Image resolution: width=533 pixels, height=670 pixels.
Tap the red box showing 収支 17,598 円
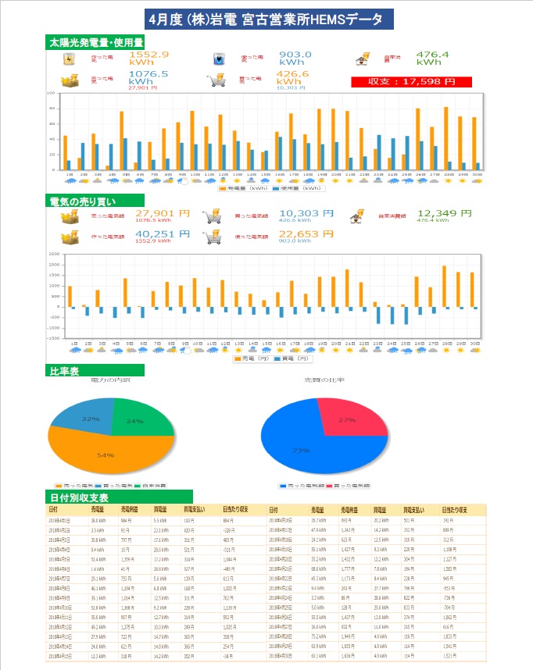[x=412, y=81]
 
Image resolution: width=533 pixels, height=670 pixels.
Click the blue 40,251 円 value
[x=163, y=234]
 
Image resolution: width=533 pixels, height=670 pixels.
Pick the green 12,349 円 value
[x=445, y=213]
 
